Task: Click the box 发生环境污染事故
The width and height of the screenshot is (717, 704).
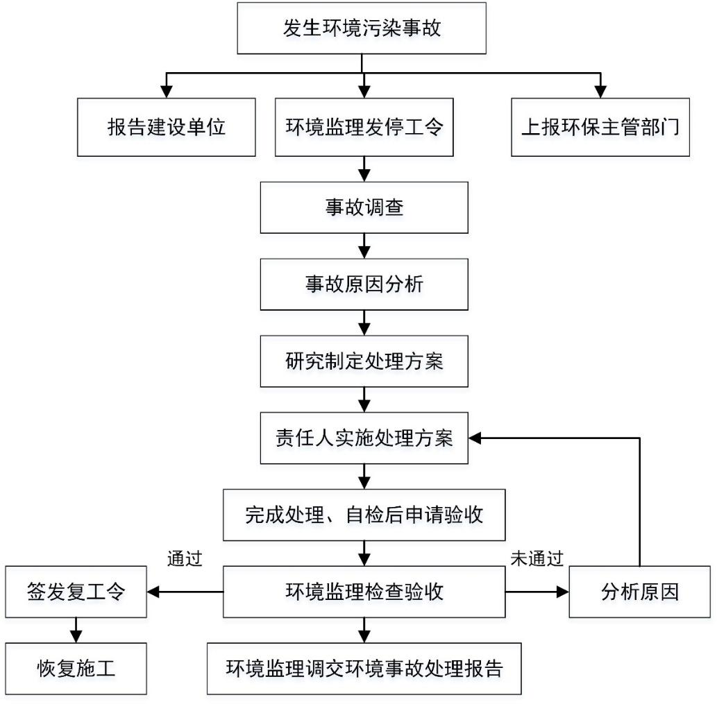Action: pyautogui.click(x=362, y=28)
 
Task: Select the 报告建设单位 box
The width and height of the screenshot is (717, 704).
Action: pyautogui.click(x=167, y=127)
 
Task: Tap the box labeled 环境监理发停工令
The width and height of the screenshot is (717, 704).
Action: pyautogui.click(x=364, y=127)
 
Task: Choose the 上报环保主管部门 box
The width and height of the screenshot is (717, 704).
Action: pyautogui.click(x=600, y=127)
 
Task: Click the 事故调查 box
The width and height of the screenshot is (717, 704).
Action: pyautogui.click(x=364, y=207)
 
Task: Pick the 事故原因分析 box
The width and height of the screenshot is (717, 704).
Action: pyautogui.click(x=364, y=284)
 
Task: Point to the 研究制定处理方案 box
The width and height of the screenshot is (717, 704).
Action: pyautogui.click(x=364, y=361)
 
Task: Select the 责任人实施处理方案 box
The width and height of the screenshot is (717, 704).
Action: pyautogui.click(x=364, y=438)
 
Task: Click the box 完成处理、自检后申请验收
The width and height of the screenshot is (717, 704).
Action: pyautogui.click(x=364, y=515)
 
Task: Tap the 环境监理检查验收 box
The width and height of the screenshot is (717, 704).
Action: pyautogui.click(x=364, y=592)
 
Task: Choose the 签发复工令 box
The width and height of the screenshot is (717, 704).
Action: pyautogui.click(x=76, y=592)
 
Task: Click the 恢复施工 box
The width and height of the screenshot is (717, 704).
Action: pyautogui.click(x=76, y=669)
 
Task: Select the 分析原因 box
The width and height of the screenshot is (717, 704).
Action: pyautogui.click(x=640, y=592)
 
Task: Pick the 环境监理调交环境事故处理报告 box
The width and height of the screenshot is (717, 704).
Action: pyautogui.click(x=364, y=669)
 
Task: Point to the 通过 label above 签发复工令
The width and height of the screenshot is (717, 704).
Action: pyautogui.click(x=185, y=558)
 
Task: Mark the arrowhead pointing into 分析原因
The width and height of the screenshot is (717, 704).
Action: pyautogui.click(x=562, y=592)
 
